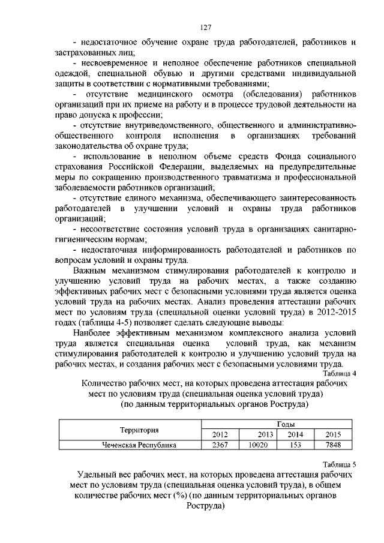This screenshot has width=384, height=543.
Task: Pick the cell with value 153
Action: coord(295,445)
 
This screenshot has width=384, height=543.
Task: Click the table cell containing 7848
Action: coord(332,445)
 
